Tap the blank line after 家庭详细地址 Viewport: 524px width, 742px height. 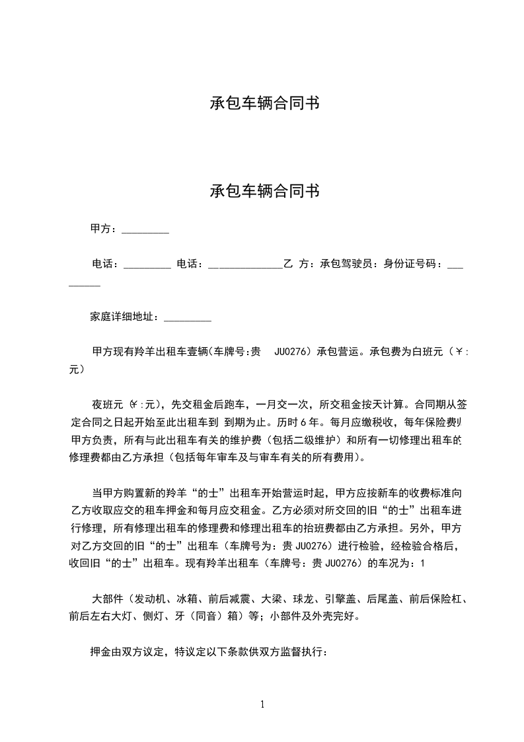pyautogui.click(x=187, y=319)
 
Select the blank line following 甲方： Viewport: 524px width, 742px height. pyautogui.click(x=145, y=231)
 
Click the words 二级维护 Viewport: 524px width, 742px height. pyautogui.click(x=317, y=439)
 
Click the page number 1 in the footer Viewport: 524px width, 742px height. pyautogui.click(x=262, y=704)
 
